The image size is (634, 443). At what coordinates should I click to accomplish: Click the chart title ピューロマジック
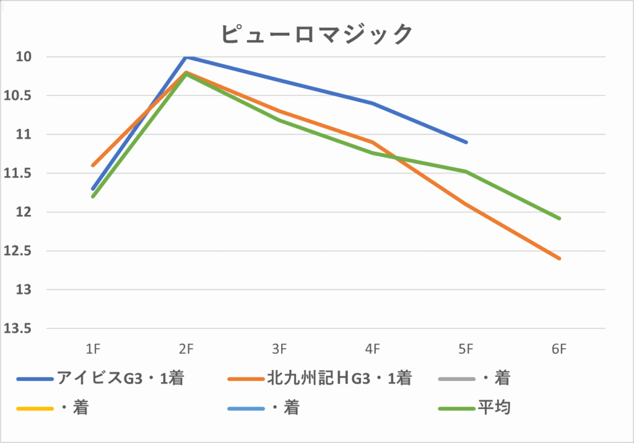click(x=316, y=33)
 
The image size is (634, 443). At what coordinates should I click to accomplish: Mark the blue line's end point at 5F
click(x=466, y=142)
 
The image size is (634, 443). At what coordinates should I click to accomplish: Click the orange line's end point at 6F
click(x=560, y=258)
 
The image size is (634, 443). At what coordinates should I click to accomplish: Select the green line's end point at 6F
click(x=560, y=218)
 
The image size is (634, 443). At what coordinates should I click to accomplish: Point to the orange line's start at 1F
click(x=93, y=165)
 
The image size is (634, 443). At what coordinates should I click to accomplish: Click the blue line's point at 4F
click(x=373, y=103)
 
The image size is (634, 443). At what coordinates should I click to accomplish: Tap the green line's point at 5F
click(x=466, y=171)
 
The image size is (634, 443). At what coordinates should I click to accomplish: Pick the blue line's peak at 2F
click(x=186, y=57)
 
